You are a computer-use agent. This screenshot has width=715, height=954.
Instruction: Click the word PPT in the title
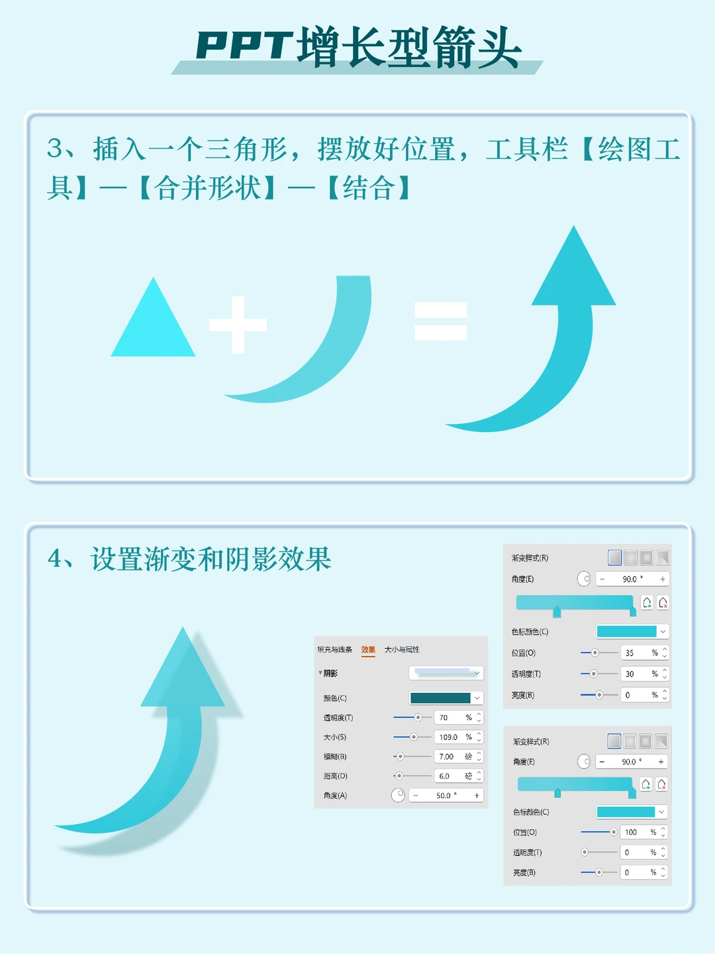tap(244, 46)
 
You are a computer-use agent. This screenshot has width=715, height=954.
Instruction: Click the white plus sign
tap(238, 325)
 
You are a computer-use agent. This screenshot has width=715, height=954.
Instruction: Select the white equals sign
tap(440, 321)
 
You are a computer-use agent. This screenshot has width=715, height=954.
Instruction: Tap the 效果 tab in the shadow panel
tap(368, 650)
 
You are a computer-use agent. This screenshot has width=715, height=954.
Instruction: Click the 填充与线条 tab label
tap(334, 650)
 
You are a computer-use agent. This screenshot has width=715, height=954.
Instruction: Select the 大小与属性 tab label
tap(402, 650)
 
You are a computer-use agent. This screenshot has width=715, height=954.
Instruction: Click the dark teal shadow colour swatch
tap(440, 698)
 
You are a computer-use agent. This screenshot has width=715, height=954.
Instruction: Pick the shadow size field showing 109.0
tap(448, 737)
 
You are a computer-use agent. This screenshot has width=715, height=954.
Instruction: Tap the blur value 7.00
tap(446, 757)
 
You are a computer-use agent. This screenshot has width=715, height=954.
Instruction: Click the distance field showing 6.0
tap(444, 776)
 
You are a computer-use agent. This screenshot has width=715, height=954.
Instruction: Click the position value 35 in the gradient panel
tap(630, 653)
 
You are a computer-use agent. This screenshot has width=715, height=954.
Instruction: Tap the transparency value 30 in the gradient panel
tap(630, 674)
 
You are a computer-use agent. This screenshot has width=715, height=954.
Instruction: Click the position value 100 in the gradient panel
tap(630, 832)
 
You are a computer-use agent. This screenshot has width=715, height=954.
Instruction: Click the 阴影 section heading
tap(330, 673)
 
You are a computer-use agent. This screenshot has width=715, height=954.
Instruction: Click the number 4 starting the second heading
tap(55, 559)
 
